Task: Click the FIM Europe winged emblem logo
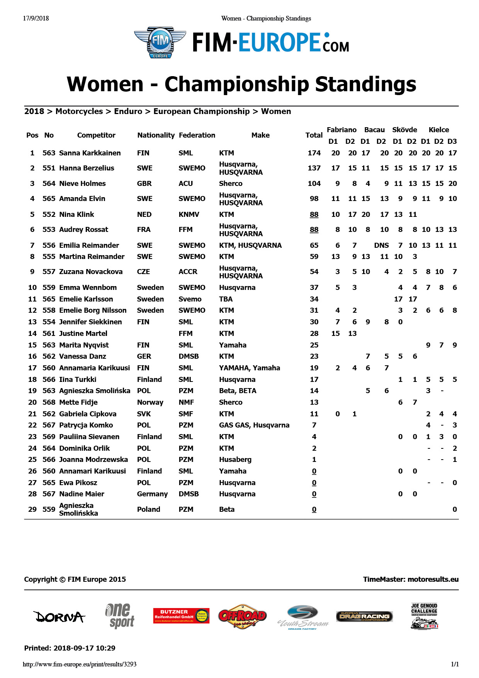click(x=160, y=43)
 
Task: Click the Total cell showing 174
click(x=314, y=153)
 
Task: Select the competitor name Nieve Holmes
click(x=82, y=184)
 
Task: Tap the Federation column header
click(x=197, y=135)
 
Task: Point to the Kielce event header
click(x=439, y=130)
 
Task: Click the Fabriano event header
click(x=341, y=130)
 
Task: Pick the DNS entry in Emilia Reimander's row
click(x=381, y=245)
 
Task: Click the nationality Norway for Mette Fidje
click(x=150, y=402)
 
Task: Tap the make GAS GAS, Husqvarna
click(x=254, y=425)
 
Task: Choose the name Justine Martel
click(x=83, y=334)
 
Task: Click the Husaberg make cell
click(x=235, y=460)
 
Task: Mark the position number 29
click(x=32, y=509)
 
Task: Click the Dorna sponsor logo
click(x=59, y=617)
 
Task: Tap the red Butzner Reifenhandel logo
click(x=181, y=615)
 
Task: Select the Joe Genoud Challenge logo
click(x=424, y=616)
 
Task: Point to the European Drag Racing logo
click(x=364, y=616)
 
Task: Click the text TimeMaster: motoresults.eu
click(x=411, y=579)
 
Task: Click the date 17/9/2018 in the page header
click(x=36, y=18)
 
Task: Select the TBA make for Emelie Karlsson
click(x=226, y=299)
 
